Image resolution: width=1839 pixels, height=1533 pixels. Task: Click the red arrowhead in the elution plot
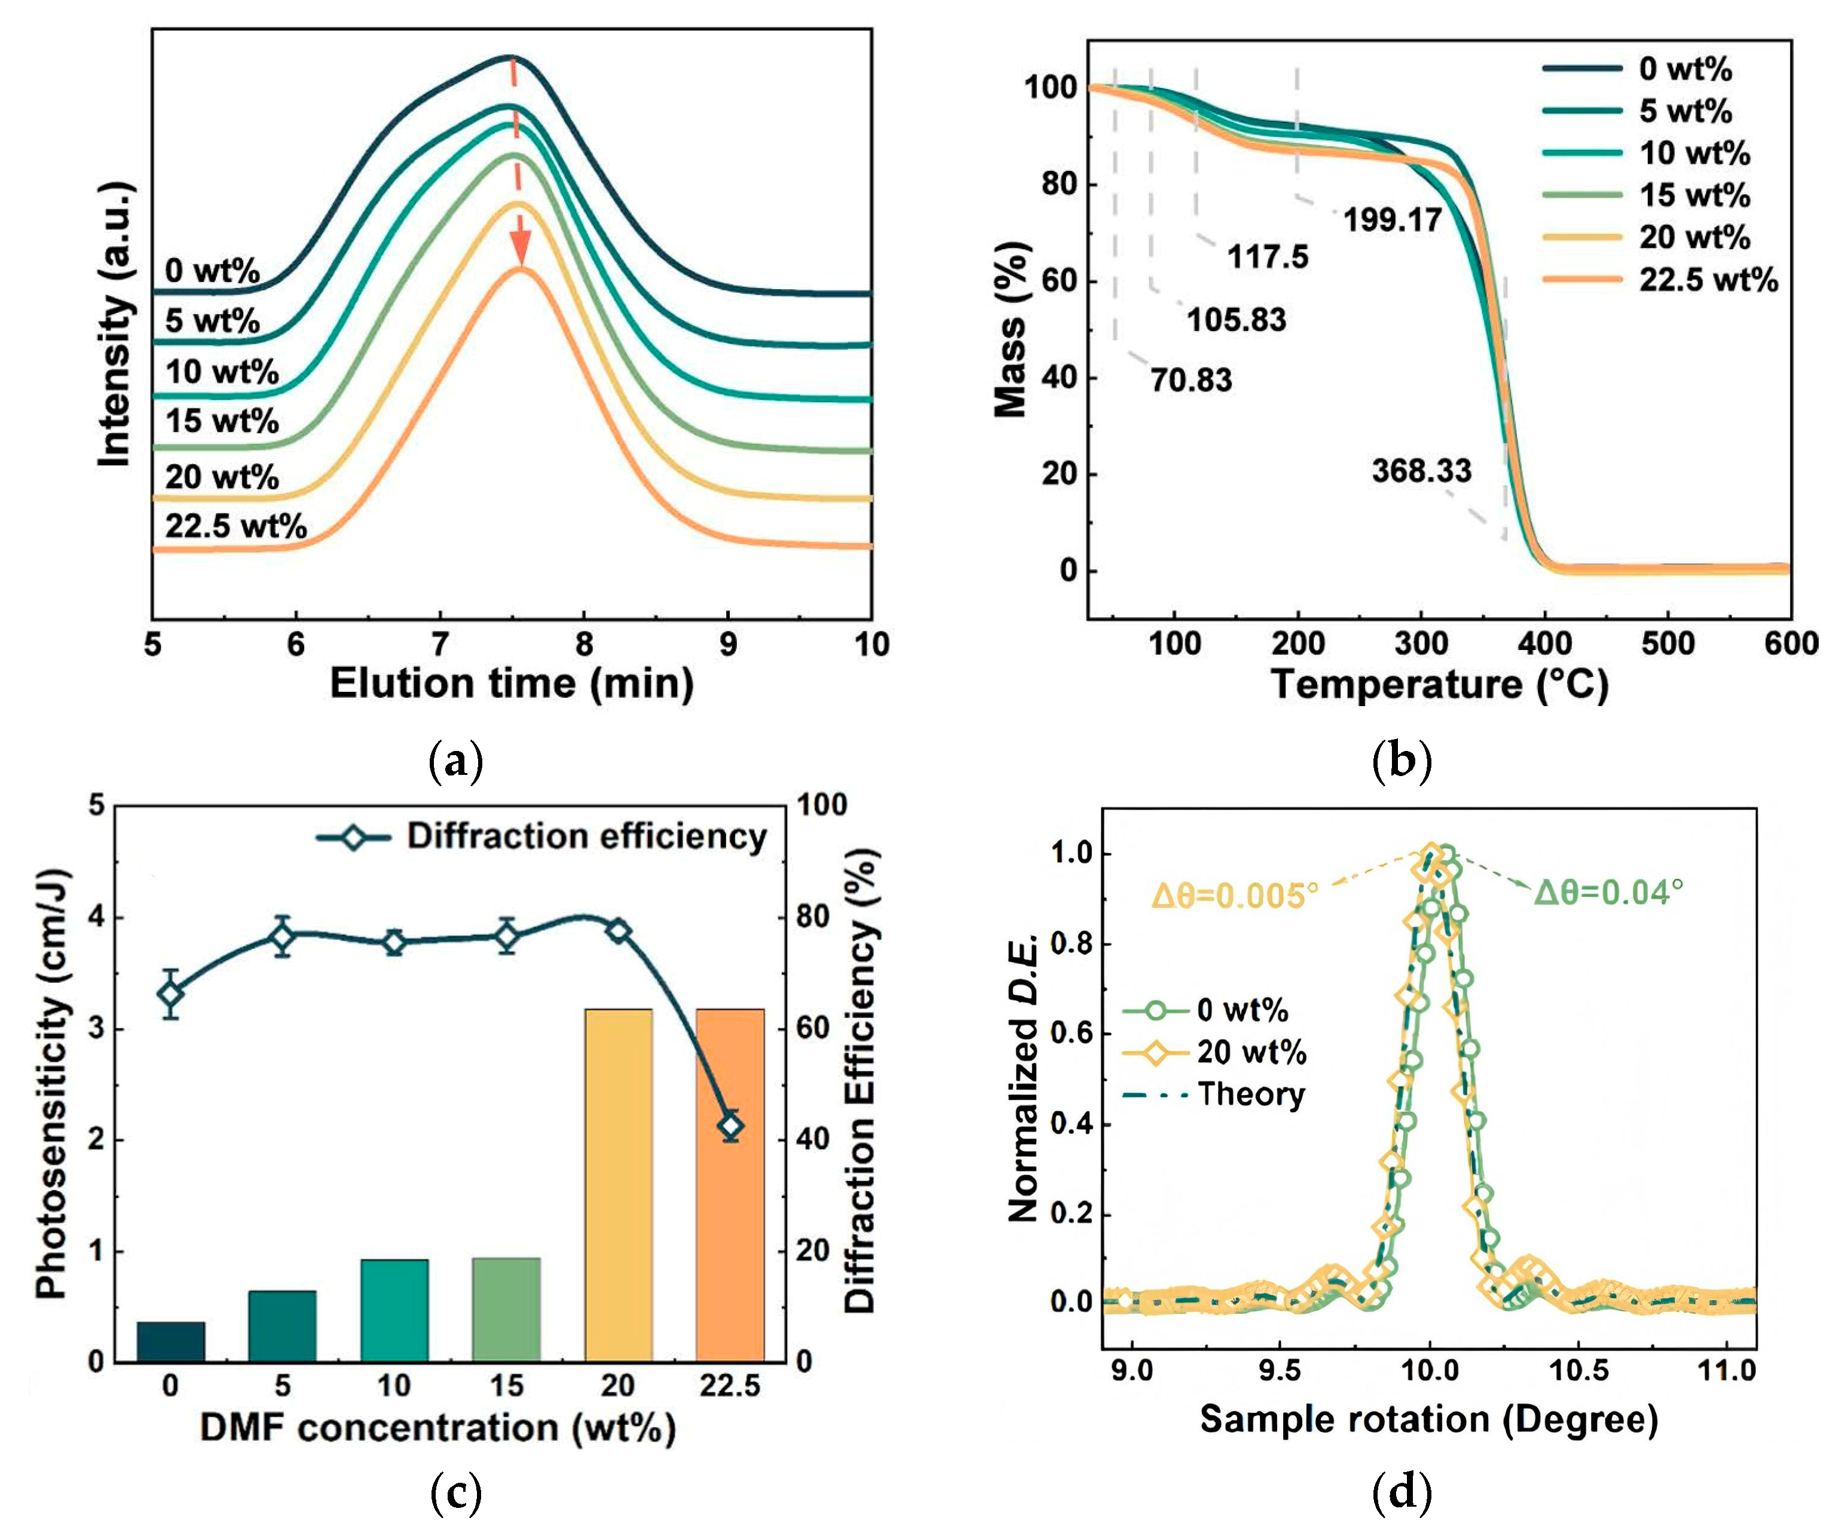[522, 250]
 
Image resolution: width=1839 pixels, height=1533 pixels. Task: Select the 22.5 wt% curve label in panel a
[235, 526]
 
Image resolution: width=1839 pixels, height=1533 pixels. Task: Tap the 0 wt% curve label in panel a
[212, 271]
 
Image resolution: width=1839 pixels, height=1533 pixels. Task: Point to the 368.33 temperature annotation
[1421, 471]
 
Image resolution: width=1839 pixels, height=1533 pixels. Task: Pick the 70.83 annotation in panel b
[1191, 380]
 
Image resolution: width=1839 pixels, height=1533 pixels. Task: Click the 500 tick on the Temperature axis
[1667, 643]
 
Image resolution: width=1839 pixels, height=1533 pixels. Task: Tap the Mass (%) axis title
[1011, 329]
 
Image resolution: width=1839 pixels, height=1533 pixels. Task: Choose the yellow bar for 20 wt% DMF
[618, 1185]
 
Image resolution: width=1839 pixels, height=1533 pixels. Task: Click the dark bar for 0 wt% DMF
[171, 1342]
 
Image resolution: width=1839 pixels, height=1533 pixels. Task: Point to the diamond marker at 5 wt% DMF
[282, 937]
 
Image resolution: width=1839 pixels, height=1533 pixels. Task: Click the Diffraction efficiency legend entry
[542, 837]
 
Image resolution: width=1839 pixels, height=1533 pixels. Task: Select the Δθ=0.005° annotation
[1235, 896]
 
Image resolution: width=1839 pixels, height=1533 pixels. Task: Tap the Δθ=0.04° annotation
[1609, 891]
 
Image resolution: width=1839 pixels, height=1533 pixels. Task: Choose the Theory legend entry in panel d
[1214, 1094]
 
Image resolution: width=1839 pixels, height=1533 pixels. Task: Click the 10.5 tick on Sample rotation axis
[1579, 1369]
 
